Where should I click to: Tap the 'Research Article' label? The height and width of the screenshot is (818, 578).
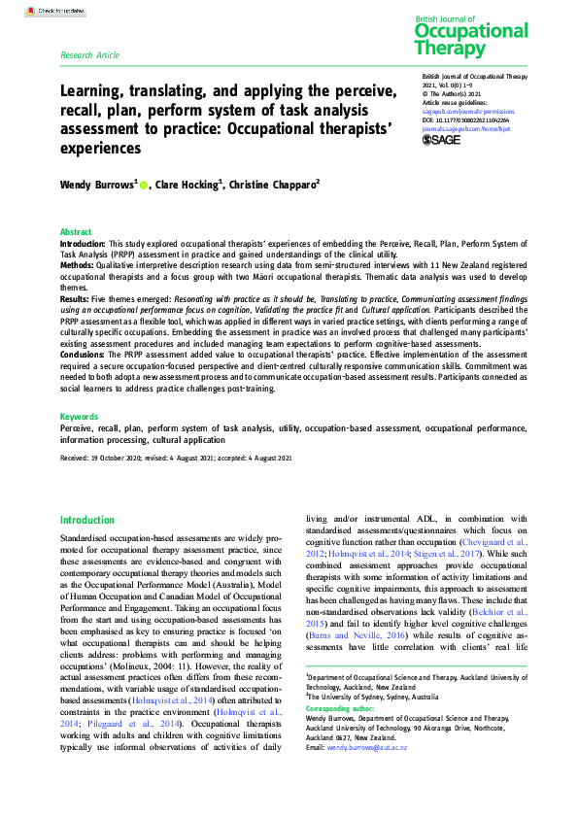click(89, 55)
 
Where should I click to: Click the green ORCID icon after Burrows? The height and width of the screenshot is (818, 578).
click(144, 184)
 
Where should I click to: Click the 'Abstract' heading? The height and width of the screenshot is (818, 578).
click(76, 232)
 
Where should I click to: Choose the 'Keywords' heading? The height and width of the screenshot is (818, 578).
click(79, 416)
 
